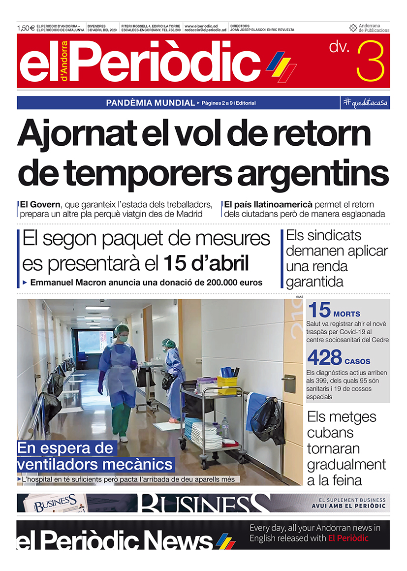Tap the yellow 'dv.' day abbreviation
click(x=339, y=48)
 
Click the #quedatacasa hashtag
click(x=365, y=103)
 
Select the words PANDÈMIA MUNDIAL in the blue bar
click(x=151, y=103)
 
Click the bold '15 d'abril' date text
click(x=206, y=264)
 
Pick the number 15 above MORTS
click(x=319, y=311)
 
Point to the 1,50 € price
click(x=26, y=28)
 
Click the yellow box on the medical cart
click(x=227, y=384)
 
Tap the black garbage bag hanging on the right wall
click(x=267, y=420)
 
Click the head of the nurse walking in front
click(x=121, y=333)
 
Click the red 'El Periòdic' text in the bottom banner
click(x=348, y=539)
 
